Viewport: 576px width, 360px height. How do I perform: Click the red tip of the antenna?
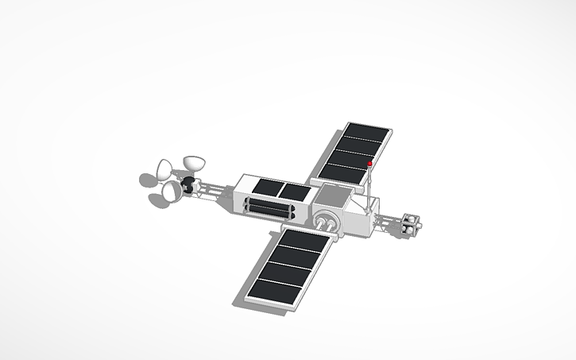[x=370, y=163]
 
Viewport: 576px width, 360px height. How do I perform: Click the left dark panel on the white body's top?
[x=263, y=188]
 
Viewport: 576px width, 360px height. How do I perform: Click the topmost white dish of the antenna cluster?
[x=193, y=163]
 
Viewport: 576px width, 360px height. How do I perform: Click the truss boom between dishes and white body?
[x=215, y=191]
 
